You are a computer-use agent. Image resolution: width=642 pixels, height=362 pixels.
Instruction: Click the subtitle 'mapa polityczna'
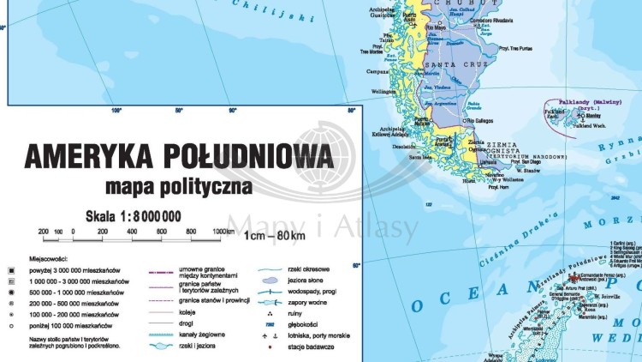pyautogui.click(x=176, y=184)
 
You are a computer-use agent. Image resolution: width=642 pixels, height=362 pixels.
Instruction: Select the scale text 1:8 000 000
pyautogui.click(x=133, y=216)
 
